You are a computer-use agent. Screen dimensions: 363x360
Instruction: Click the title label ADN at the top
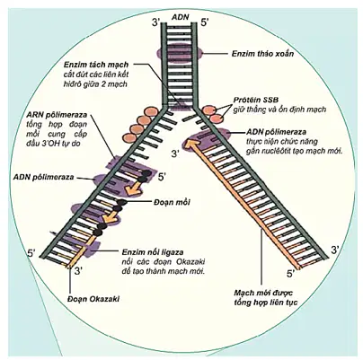(x=181, y=16)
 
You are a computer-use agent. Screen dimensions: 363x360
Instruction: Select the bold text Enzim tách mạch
(x=96, y=65)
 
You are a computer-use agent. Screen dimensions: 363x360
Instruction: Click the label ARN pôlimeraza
(x=57, y=115)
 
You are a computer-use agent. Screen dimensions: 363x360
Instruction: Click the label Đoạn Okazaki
(x=93, y=299)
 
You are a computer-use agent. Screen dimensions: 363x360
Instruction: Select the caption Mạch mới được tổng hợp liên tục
(x=264, y=297)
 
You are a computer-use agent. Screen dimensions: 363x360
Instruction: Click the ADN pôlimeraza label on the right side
(x=276, y=132)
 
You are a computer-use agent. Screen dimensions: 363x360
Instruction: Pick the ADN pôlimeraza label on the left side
(x=44, y=177)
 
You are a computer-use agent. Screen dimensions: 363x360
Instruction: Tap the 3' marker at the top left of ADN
(x=156, y=22)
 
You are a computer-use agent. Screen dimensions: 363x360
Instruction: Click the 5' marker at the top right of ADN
(x=206, y=22)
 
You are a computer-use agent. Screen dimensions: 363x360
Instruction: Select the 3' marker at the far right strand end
(x=335, y=250)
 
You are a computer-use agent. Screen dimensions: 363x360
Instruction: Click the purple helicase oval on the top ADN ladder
(x=180, y=54)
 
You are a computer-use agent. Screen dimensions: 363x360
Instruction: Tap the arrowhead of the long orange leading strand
(x=190, y=143)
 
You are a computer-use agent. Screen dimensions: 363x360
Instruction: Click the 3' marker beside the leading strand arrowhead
(x=175, y=154)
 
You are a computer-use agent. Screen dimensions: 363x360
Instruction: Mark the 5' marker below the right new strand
(x=291, y=274)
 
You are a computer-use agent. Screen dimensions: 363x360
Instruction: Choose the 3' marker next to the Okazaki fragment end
(x=78, y=271)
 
